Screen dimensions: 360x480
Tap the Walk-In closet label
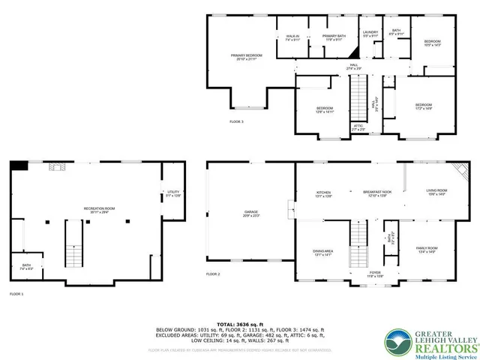(293, 37)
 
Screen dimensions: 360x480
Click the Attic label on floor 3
(358, 127)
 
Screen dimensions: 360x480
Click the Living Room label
(436, 192)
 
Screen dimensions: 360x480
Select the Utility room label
(174, 193)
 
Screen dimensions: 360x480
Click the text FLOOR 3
(236, 121)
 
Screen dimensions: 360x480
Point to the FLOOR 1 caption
(16, 294)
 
